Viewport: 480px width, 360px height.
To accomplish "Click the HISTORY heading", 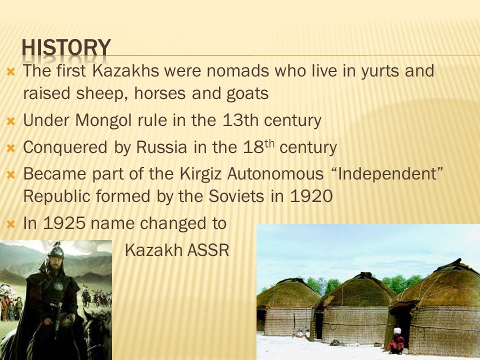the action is [66, 47].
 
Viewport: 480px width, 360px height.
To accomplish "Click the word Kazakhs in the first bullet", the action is [125, 70].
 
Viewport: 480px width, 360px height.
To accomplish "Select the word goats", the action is [247, 94].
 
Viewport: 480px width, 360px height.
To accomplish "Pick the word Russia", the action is [161, 147].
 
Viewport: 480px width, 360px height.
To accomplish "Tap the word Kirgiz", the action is [200, 174].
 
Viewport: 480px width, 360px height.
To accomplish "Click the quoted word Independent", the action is [387, 173].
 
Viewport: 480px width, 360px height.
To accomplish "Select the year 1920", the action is [311, 196].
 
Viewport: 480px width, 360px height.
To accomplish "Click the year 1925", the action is [64, 223].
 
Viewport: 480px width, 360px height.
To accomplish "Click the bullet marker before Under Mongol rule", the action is [10, 121].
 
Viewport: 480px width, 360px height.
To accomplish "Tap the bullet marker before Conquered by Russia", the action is [10, 148].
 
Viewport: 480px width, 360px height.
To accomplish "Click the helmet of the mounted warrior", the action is [55, 251].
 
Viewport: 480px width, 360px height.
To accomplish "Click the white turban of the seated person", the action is [397, 331].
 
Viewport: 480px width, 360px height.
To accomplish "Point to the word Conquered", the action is [65, 147].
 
